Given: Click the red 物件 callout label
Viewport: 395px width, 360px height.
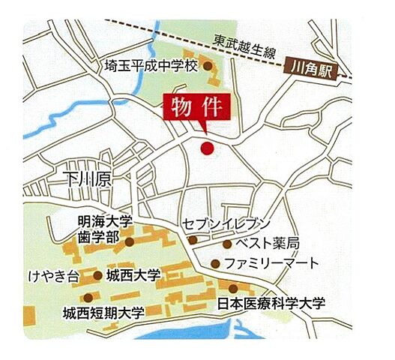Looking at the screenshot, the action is pyautogui.click(x=197, y=107).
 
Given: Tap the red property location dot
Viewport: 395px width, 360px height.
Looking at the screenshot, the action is pyautogui.click(x=208, y=148).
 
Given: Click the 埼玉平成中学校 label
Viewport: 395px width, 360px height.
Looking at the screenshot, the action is pyautogui.click(x=151, y=66).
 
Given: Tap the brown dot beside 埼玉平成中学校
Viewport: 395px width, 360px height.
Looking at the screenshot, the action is pyautogui.click(x=208, y=66).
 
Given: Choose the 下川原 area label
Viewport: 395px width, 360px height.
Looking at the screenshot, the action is pyautogui.click(x=86, y=179).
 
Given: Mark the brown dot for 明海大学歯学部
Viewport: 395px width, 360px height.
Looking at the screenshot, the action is pyautogui.click(x=130, y=241).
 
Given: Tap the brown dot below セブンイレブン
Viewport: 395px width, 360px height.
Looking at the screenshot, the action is pyautogui.click(x=193, y=240).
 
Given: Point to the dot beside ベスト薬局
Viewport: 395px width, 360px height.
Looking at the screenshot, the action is pyautogui.click(x=227, y=244).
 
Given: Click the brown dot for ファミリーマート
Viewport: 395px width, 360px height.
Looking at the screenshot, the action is pyautogui.click(x=216, y=263).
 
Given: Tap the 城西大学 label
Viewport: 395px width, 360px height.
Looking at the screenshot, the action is pyautogui.click(x=133, y=275).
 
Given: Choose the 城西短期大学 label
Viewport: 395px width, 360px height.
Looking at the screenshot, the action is pyautogui.click(x=103, y=311).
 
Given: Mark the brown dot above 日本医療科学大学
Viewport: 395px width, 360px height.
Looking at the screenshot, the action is pyautogui.click(x=234, y=289).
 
